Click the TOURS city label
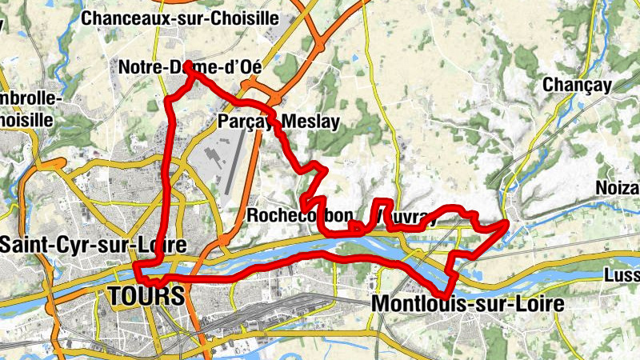(x=145, y=296)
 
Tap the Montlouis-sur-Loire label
(x=468, y=304)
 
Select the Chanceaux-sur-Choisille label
(x=191, y=17)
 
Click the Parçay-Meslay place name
(x=278, y=122)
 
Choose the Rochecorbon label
(x=299, y=216)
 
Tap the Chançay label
(x=577, y=84)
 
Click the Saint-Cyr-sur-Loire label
(x=93, y=244)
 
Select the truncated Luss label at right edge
(x=623, y=275)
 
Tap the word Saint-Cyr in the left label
(x=37, y=244)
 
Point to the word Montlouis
(x=416, y=304)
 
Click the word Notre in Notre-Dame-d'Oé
(x=138, y=67)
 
